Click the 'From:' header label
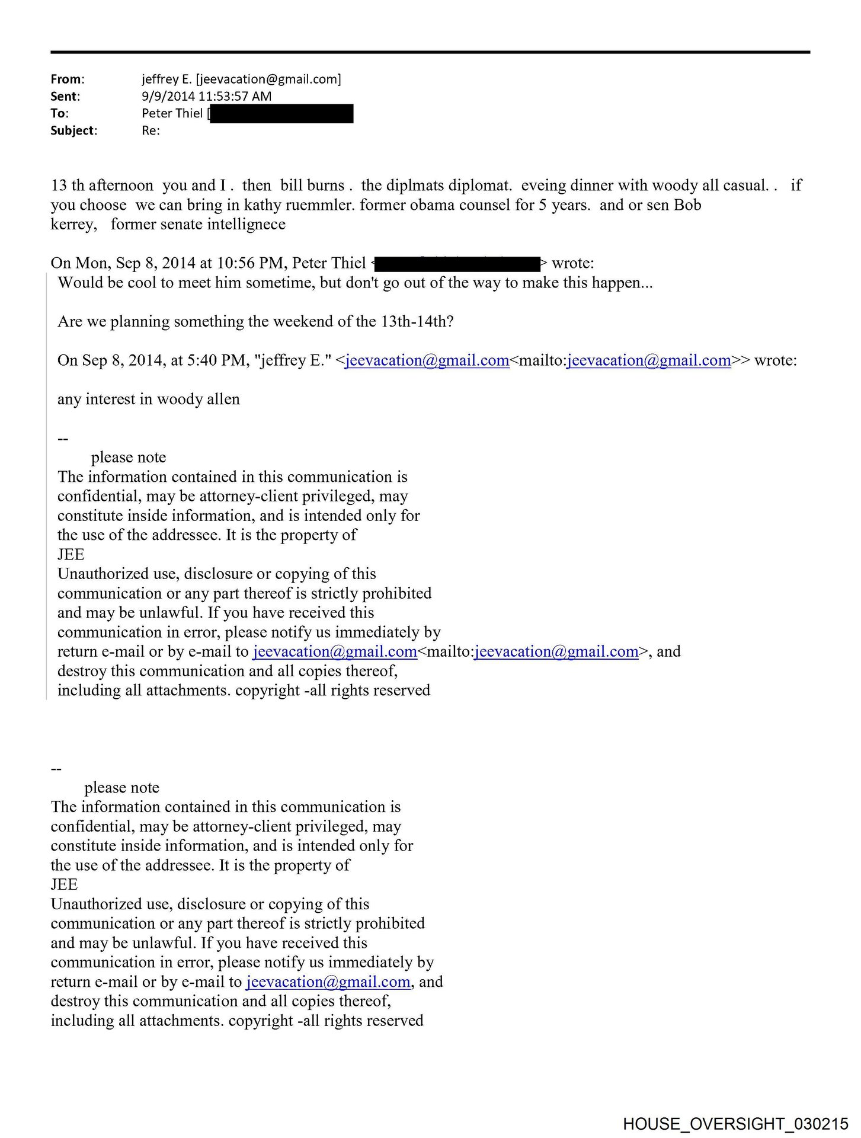(67, 79)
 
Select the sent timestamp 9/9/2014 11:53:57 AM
(206, 96)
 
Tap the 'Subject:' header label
(73, 130)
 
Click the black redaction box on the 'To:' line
(281, 113)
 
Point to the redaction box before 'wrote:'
(457, 263)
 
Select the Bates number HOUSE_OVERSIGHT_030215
(735, 1124)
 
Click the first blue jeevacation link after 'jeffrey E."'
(427, 360)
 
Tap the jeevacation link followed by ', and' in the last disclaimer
(328, 982)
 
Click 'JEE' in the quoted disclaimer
(71, 555)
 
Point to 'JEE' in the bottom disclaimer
(64, 885)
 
